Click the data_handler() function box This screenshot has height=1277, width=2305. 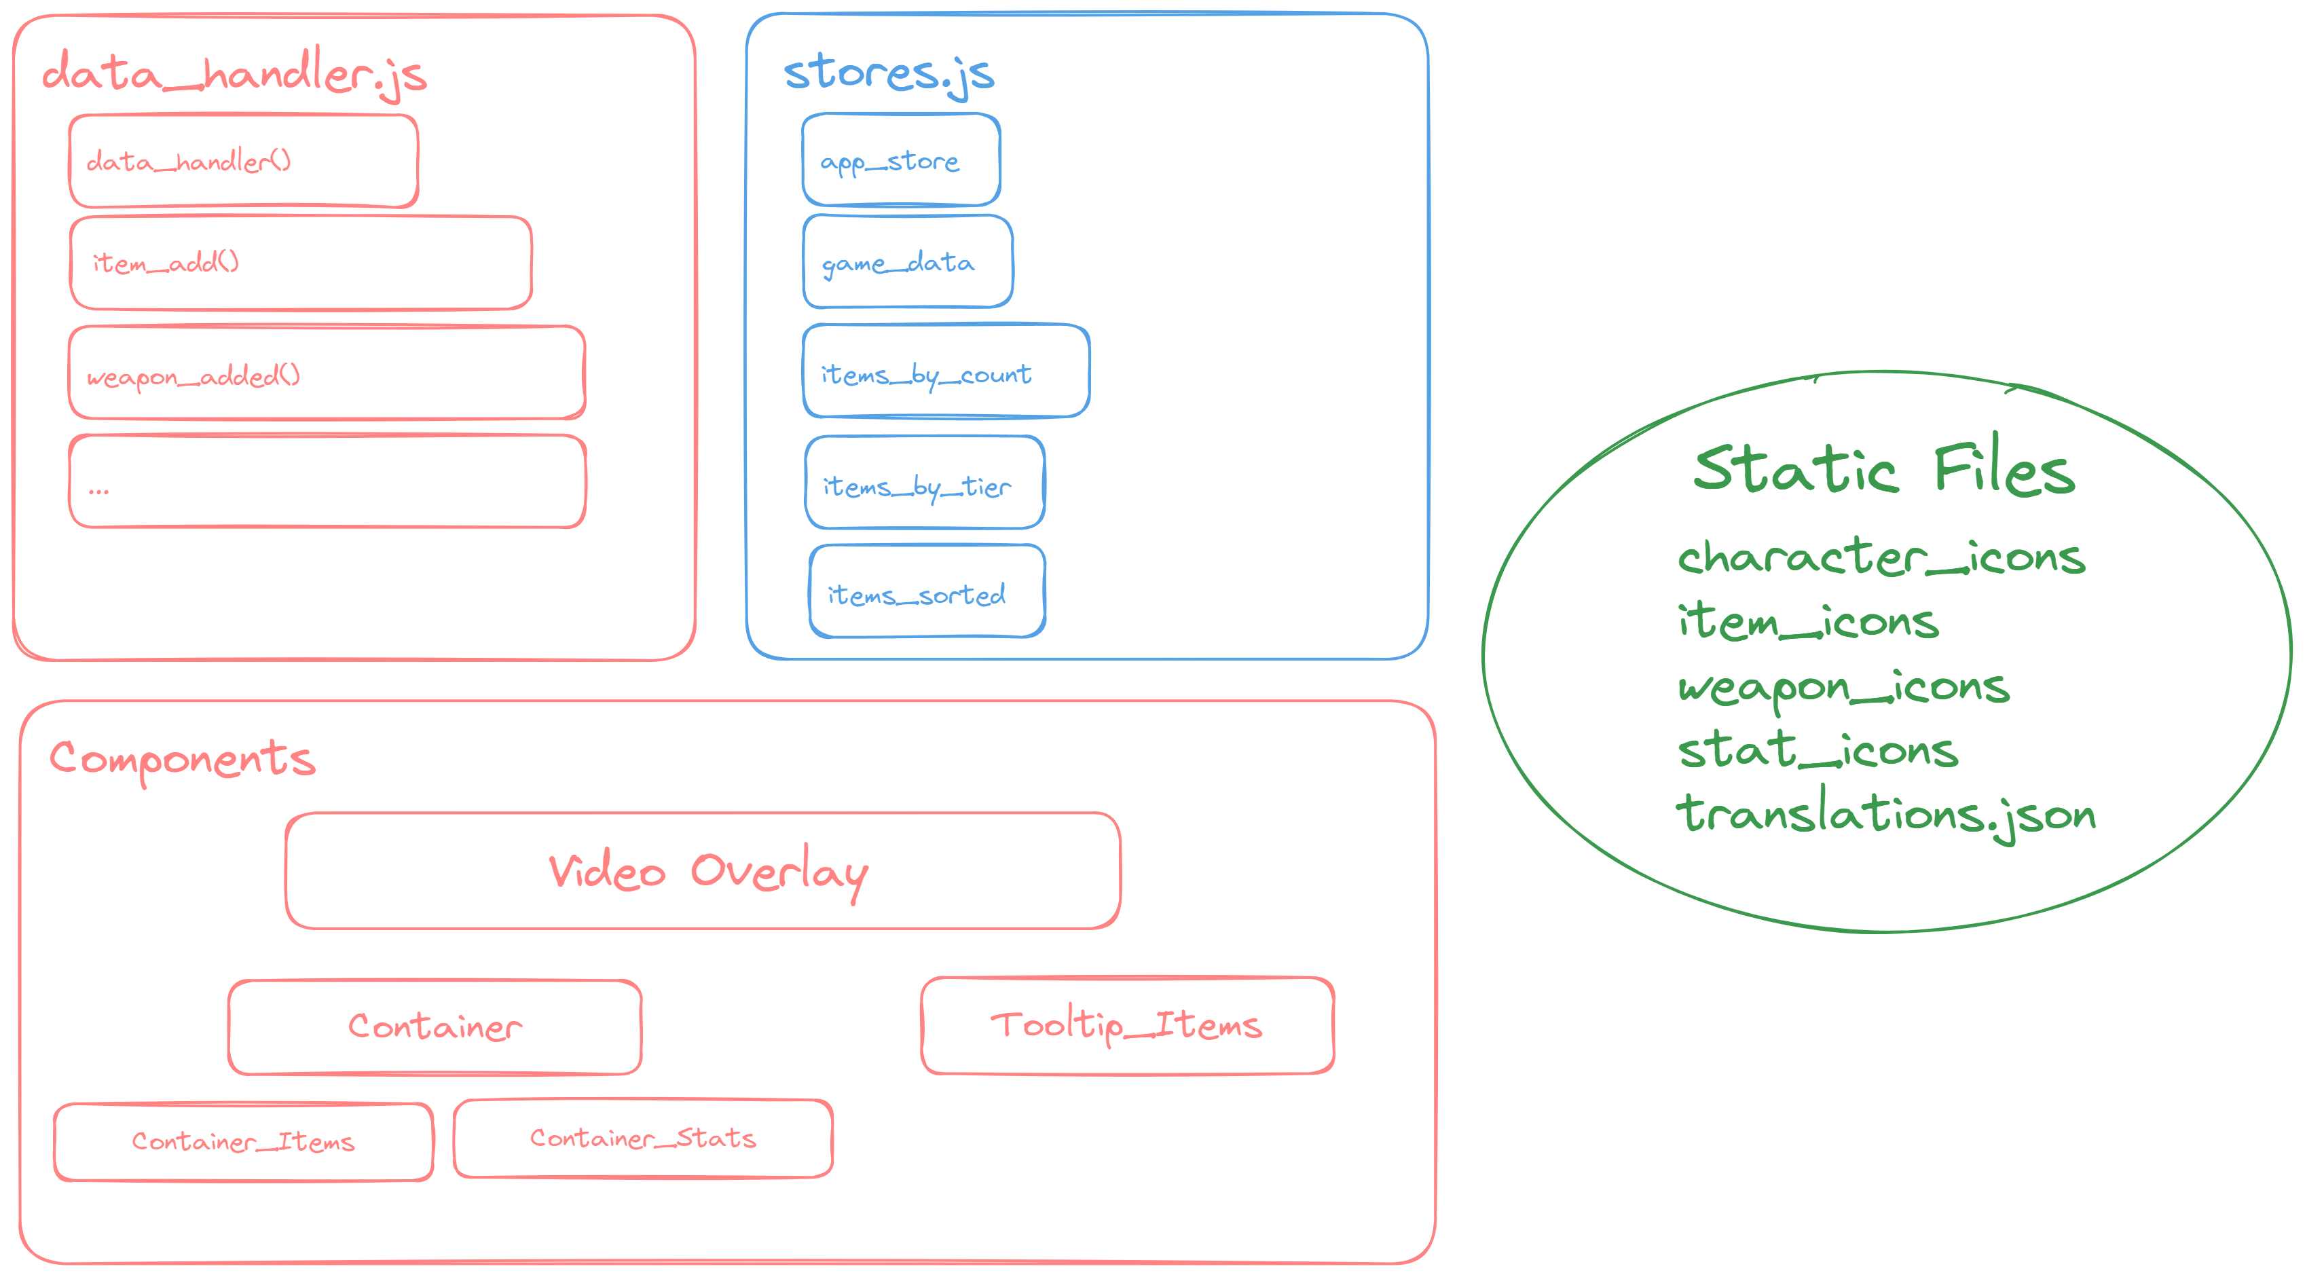click(x=242, y=161)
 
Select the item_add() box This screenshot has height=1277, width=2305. click(x=301, y=263)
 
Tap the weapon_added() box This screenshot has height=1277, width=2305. click(x=327, y=373)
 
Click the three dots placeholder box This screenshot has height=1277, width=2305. click(x=327, y=482)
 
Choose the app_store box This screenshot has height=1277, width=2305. click(x=900, y=160)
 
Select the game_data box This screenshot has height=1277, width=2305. click(x=907, y=262)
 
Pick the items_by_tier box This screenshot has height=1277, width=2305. click(x=924, y=483)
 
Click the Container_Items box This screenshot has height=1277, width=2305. click(x=243, y=1142)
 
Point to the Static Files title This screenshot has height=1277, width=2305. click(x=1883, y=469)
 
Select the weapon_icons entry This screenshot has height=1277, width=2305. click(x=1843, y=687)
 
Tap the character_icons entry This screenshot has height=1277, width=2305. click(x=1881, y=557)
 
